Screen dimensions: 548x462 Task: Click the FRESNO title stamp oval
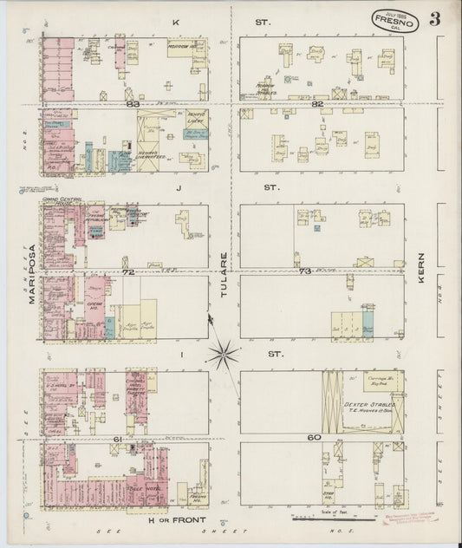tap(395, 21)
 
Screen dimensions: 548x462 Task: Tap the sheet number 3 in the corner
tap(433, 18)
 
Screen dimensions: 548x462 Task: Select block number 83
tap(133, 104)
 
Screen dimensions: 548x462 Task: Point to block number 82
tap(318, 104)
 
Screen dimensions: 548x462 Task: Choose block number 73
tap(303, 271)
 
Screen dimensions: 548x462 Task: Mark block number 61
tap(115, 440)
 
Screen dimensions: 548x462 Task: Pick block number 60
tap(313, 438)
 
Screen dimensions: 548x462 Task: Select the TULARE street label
tap(224, 268)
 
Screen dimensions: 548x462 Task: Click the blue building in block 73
tap(368, 323)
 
